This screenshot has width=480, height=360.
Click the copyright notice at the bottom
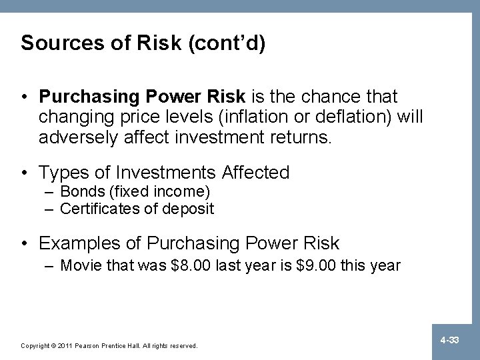[x=109, y=346]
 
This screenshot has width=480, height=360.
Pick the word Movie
[x=79, y=265]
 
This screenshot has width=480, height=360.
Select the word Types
[x=63, y=173]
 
